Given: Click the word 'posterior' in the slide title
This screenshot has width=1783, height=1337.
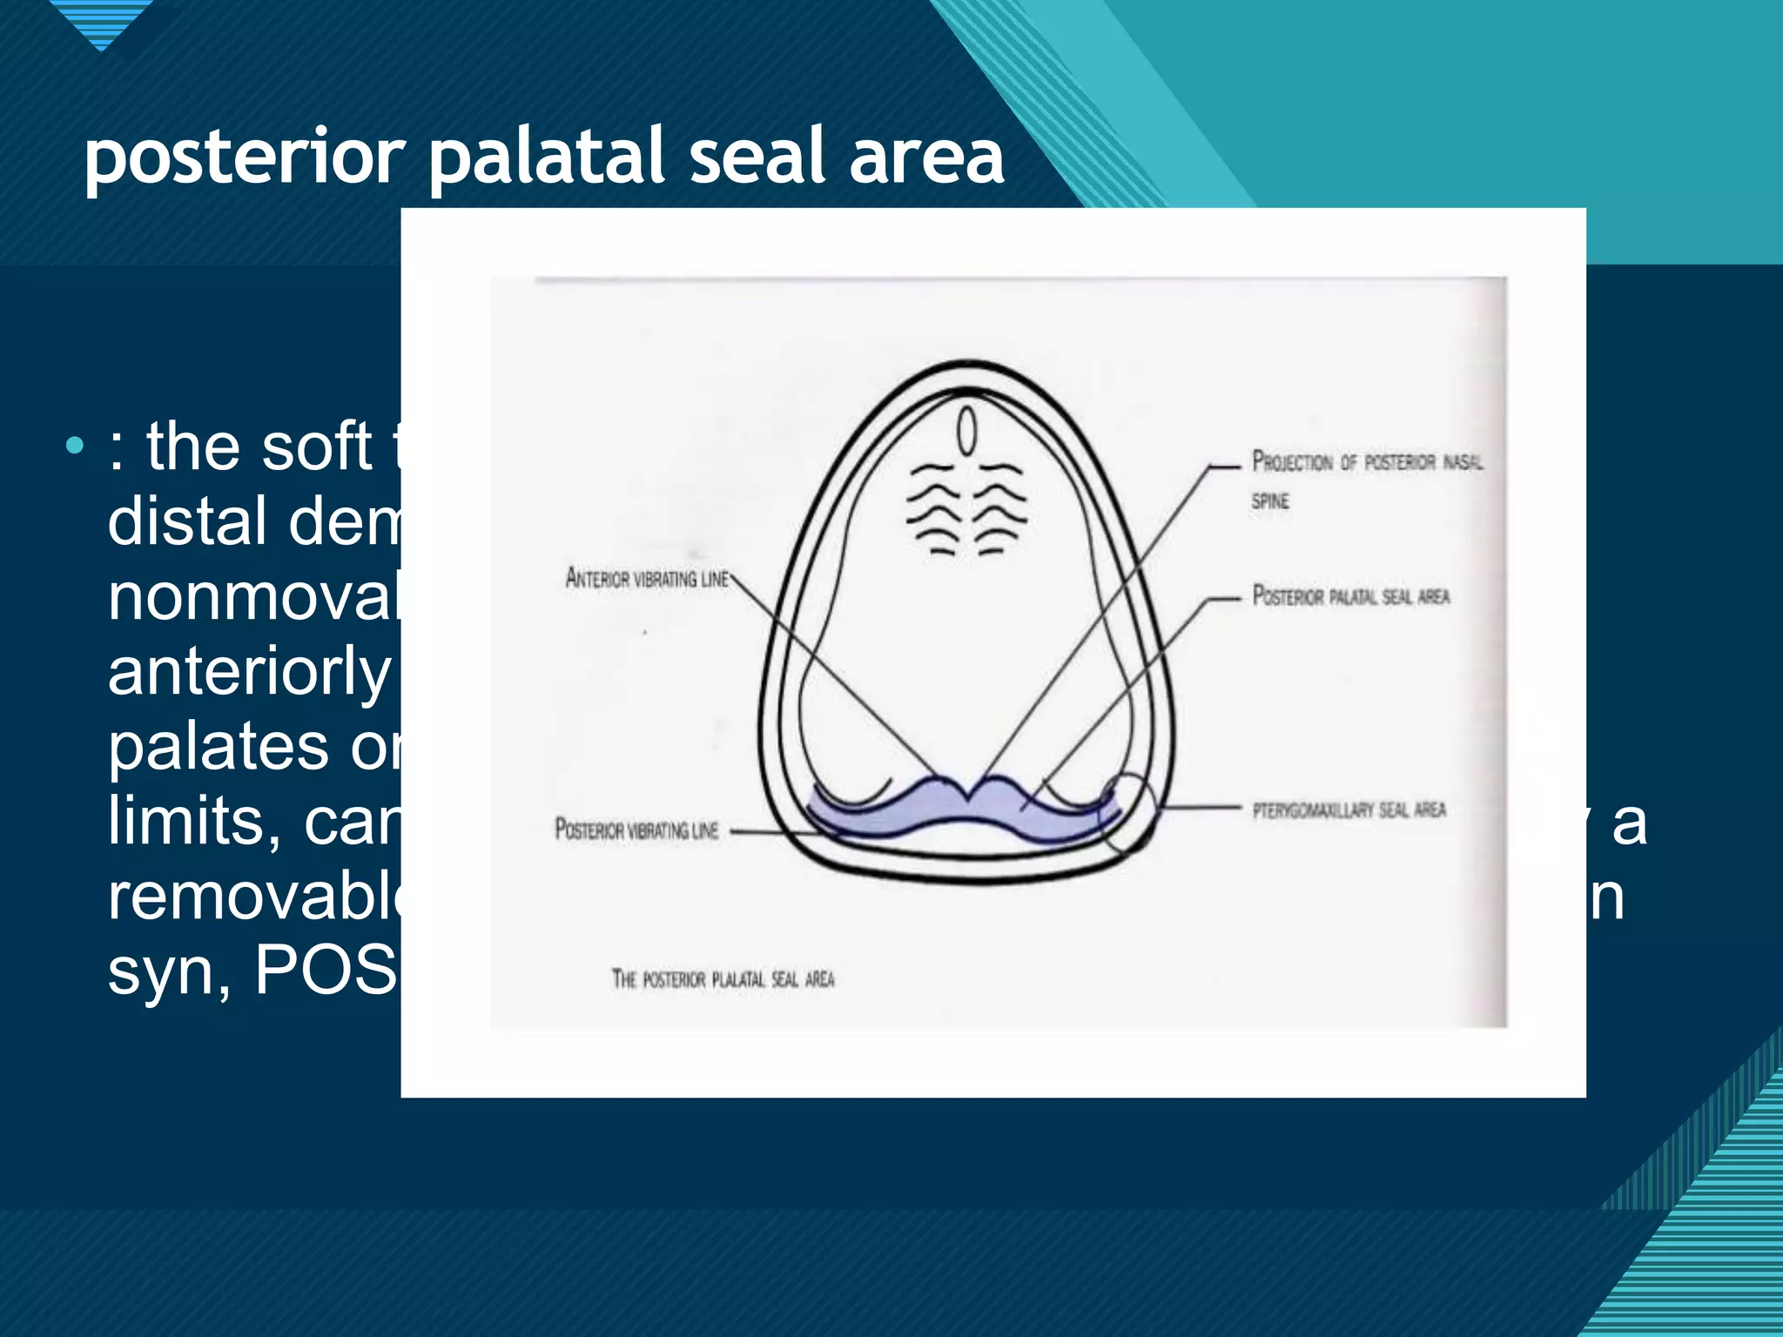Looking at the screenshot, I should point(245,158).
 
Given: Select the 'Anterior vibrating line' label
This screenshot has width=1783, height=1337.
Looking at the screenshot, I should point(647,578).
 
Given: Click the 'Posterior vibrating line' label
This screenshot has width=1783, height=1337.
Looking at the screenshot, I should point(636,830).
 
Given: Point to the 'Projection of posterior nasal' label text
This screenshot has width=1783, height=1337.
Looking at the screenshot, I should point(1367,460).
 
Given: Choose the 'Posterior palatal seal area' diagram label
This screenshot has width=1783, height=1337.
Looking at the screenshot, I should point(1351,595).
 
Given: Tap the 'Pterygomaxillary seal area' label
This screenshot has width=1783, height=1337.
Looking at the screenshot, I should point(1349,810).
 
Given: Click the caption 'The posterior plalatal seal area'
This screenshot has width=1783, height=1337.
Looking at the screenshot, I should point(723,979).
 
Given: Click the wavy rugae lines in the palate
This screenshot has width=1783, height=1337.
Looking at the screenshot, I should point(966,509).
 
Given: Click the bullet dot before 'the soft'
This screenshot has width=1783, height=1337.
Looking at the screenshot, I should point(75,447).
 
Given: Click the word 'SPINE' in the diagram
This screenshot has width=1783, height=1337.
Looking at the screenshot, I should point(1270,501).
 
